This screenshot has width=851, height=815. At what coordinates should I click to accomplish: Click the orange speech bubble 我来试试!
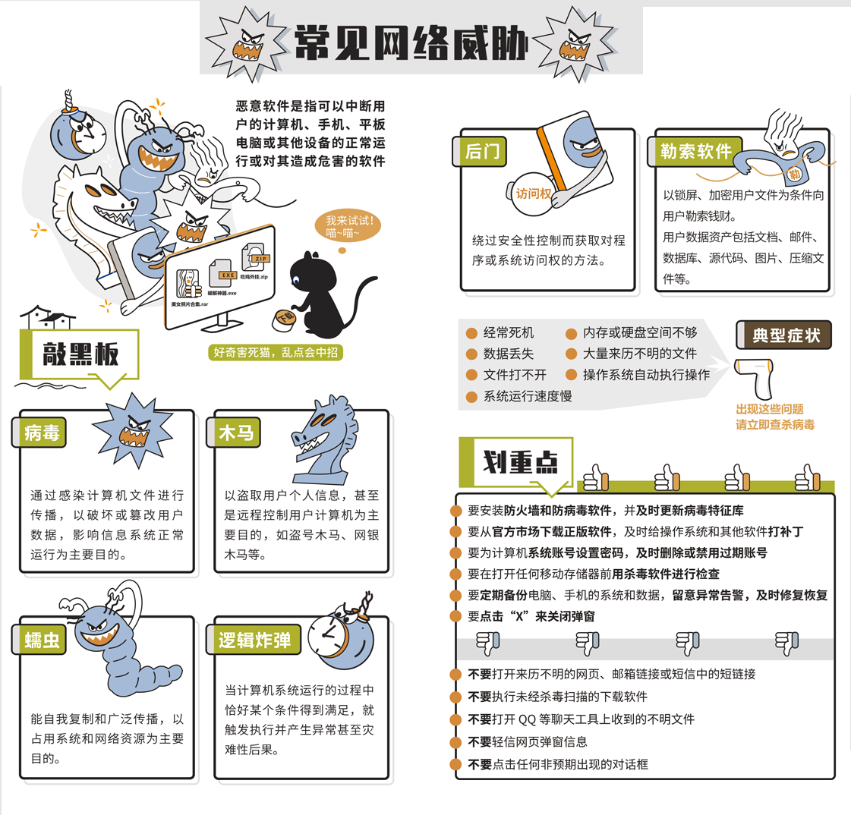point(348,226)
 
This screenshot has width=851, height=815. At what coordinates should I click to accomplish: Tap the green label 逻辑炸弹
point(254,640)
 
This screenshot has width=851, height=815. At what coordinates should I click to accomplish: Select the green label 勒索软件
point(695,151)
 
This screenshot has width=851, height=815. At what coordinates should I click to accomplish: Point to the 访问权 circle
point(533,194)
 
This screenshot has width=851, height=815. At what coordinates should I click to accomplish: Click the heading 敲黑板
point(80,354)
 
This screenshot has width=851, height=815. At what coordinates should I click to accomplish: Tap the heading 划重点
point(520,462)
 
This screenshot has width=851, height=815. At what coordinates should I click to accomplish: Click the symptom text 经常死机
point(509,332)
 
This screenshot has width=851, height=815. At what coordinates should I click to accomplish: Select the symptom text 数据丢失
point(509,354)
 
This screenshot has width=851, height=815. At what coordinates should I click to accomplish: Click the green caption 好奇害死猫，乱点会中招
point(275,353)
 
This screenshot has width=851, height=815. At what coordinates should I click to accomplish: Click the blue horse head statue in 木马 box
point(324,439)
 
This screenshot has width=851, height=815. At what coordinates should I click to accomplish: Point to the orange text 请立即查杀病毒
point(775,424)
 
